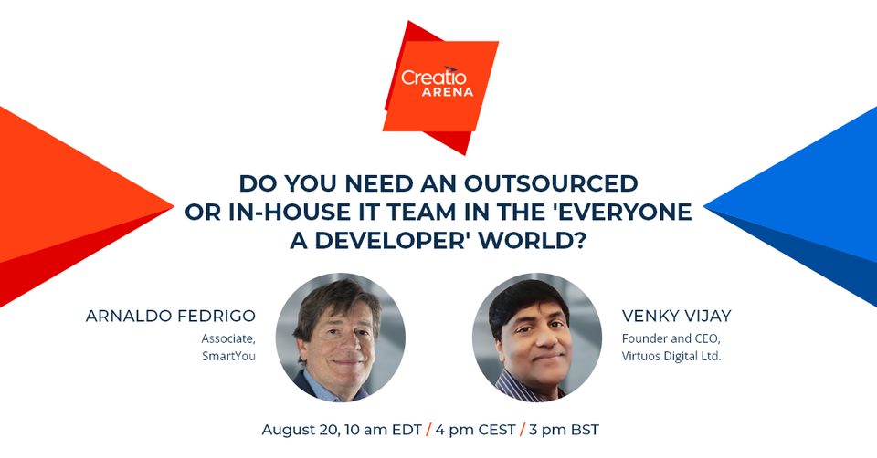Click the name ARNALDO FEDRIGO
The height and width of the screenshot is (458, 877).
[x=170, y=317]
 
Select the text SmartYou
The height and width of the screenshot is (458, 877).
[x=228, y=356]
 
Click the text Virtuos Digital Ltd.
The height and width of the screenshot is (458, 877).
[x=671, y=356]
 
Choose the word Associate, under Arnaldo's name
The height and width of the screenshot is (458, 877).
[x=228, y=338]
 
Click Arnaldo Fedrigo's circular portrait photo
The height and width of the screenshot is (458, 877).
[x=341, y=337]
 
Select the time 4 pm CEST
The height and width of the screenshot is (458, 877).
[x=474, y=429]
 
